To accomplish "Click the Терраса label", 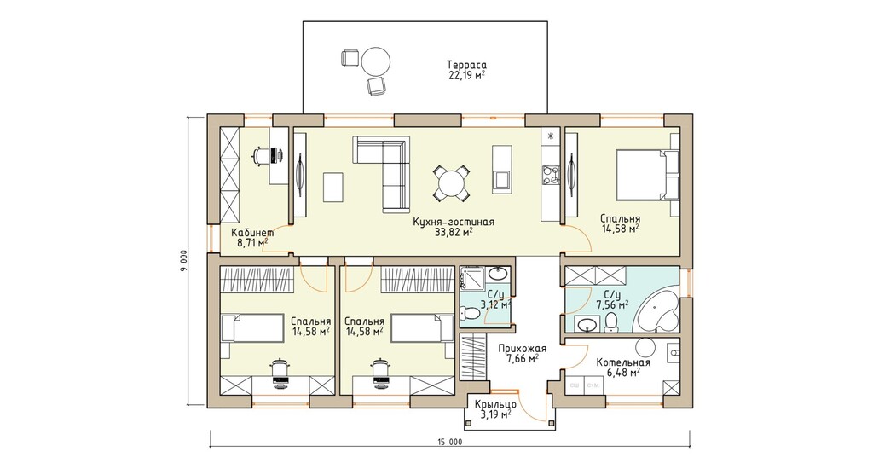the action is [x=466, y=64].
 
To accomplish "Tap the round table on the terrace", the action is [x=376, y=61].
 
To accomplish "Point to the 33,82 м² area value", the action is [x=454, y=232].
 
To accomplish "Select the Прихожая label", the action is [x=522, y=349].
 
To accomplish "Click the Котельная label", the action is [x=623, y=362].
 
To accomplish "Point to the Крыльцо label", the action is [x=495, y=405].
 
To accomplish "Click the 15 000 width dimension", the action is [x=450, y=443].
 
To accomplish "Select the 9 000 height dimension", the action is [x=184, y=261].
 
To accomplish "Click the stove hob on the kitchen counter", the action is [x=551, y=174].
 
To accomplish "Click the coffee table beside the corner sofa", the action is [x=333, y=187].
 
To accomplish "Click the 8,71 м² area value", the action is [x=252, y=243].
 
